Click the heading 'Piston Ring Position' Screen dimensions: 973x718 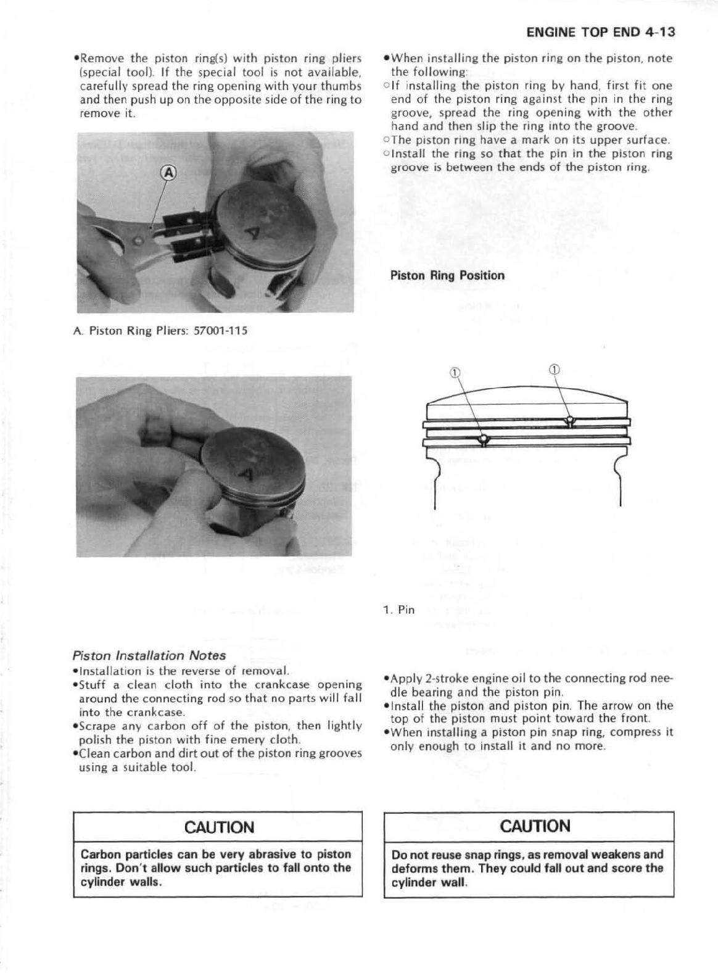(447, 275)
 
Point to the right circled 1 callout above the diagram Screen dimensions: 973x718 (553, 370)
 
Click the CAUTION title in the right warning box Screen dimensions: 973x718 (528, 826)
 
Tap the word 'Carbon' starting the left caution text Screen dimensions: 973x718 (99, 855)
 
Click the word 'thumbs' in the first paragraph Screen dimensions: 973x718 (342, 86)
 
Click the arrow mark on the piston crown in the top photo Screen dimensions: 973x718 (254, 234)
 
